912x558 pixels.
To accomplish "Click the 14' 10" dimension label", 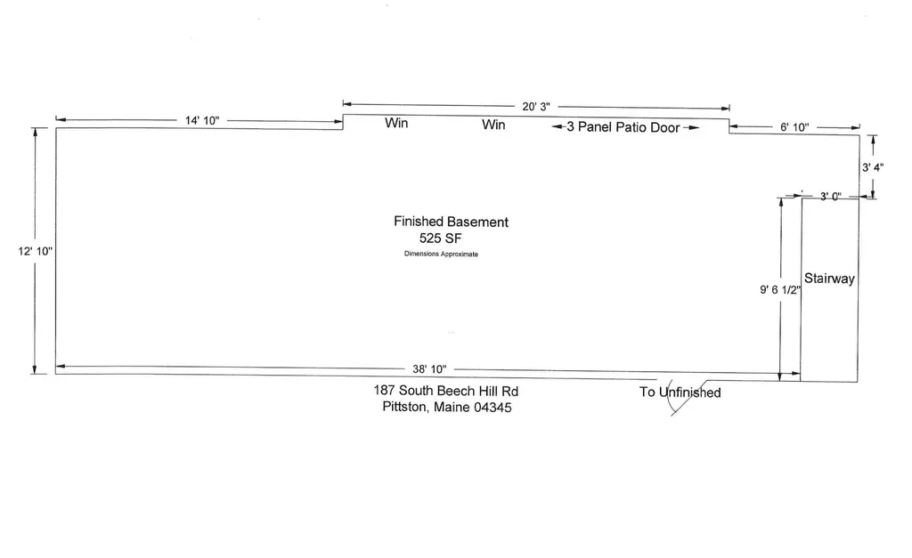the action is pos(202,120).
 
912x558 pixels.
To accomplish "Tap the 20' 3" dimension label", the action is pos(535,107).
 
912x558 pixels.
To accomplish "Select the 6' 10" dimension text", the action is pos(794,127).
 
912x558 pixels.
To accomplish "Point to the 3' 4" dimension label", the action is pos(873,167).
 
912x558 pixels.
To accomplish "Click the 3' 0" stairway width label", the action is pos(831,197).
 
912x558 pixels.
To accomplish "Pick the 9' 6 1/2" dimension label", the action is pos(780,289).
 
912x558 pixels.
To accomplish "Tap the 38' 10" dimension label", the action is pos(429,369).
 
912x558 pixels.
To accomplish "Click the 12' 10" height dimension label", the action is pos(35,251).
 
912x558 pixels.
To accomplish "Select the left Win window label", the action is pos(396,123).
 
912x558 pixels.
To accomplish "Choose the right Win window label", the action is pos(493,125).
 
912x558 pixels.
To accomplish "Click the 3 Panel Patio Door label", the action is pos(623,127).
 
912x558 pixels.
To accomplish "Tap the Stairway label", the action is pos(829,279).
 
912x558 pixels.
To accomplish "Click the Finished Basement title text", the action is pos(451,222).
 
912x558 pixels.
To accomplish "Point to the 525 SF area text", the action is pos(440,239).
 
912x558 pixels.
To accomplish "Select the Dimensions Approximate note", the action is pos(441,254).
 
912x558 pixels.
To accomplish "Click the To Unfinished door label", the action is pos(680,392).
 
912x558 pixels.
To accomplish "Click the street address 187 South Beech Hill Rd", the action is pos(445,391).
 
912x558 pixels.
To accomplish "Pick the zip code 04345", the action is pos(493,408).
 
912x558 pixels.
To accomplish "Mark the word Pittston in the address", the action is pos(404,407).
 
